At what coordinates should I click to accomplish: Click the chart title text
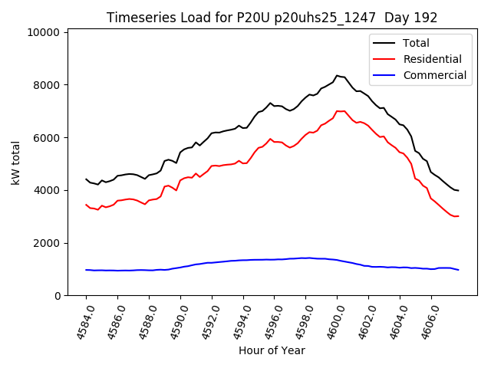(272, 18)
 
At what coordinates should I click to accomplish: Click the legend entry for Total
(416, 43)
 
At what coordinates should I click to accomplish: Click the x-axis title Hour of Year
(272, 350)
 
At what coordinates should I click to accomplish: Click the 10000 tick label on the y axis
(43, 32)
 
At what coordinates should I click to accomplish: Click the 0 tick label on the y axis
(57, 296)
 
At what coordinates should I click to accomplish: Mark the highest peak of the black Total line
(337, 76)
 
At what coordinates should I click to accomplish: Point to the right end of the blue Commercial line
(458, 270)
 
